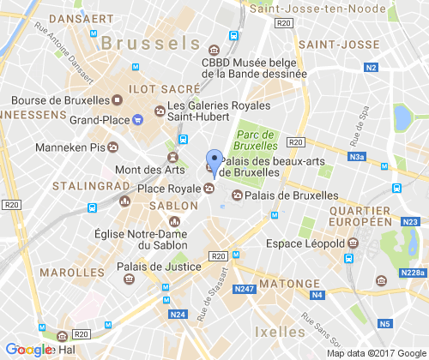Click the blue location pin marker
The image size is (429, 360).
(x=214, y=159)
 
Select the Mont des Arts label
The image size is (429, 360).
(x=137, y=170)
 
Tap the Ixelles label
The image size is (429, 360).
(x=280, y=332)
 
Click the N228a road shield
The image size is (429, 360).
(x=413, y=273)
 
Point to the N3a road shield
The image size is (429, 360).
(x=357, y=157)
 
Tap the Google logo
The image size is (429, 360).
(x=30, y=350)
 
